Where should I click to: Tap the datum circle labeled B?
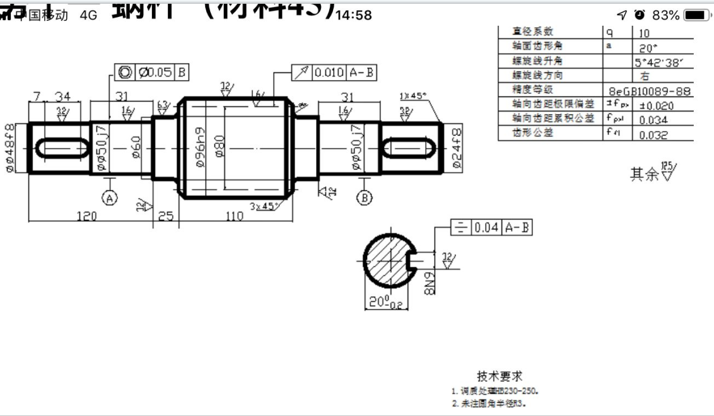pos(365,197)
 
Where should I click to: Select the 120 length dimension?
pos(86,216)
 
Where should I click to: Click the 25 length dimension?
pos(165,216)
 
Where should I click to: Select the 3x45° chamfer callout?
pos(266,205)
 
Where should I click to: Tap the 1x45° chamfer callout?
pos(413,96)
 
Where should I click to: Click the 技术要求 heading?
pos(501,377)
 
